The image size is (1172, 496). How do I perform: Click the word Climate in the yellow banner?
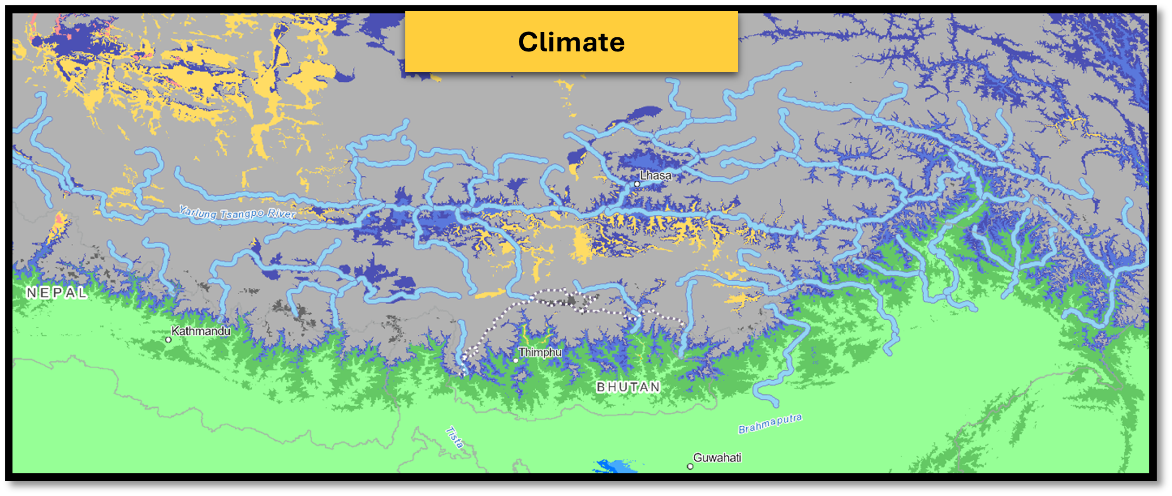pyautogui.click(x=571, y=42)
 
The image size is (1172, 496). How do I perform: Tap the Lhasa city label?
pyautogui.click(x=655, y=176)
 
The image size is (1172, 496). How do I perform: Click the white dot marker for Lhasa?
pyautogui.click(x=637, y=184)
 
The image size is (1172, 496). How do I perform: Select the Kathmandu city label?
pyautogui.click(x=201, y=331)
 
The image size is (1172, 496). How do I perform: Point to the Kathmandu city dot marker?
pyautogui.click(x=168, y=340)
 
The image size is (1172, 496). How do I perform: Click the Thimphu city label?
pyautogui.click(x=540, y=353)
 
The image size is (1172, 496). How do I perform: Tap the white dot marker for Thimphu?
pyautogui.click(x=516, y=360)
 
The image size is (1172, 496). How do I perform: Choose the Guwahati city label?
pyautogui.click(x=717, y=458)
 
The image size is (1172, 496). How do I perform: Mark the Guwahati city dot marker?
pyautogui.click(x=690, y=466)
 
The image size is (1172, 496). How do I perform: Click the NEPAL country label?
pyautogui.click(x=57, y=293)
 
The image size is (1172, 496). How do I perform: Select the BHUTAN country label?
pyautogui.click(x=628, y=387)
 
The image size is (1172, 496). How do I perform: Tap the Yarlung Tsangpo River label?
pyautogui.click(x=237, y=213)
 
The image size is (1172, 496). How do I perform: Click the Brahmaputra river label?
pyautogui.click(x=769, y=424)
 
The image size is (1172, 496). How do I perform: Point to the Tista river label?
pyautogui.click(x=455, y=438)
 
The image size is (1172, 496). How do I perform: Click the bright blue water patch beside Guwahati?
pyautogui.click(x=617, y=466)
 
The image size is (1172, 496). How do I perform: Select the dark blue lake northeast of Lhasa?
pyautogui.click(x=641, y=115)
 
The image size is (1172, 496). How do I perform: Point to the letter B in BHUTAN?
pyautogui.click(x=601, y=387)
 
